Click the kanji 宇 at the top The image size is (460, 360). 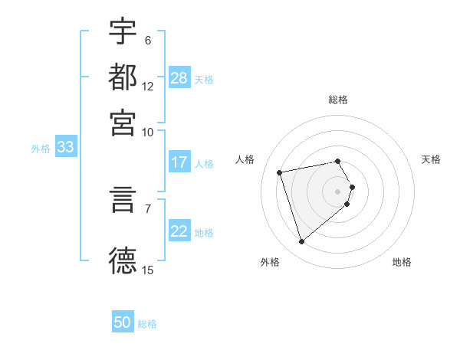pos(123,31)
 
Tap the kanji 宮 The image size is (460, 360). pos(123,123)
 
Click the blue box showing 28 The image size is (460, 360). pos(179,78)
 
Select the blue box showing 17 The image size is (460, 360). pos(179,162)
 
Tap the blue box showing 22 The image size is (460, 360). pos(179,232)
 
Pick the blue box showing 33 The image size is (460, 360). pos(65,148)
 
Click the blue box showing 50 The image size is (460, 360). pos(123,322)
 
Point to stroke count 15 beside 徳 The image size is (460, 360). pos(148,270)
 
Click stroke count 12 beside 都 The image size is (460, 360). pos(148,87)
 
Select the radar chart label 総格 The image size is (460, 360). pos(338,100)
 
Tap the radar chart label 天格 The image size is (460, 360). pos(432,159)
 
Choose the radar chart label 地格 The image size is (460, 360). pos(402,263)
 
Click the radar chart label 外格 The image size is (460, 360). pos(270,263)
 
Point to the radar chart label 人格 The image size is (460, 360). pos(245,159)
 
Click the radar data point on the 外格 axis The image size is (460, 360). pos(301,242)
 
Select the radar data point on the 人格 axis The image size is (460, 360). pos(280,172)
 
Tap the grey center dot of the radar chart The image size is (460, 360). pos(338,191)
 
